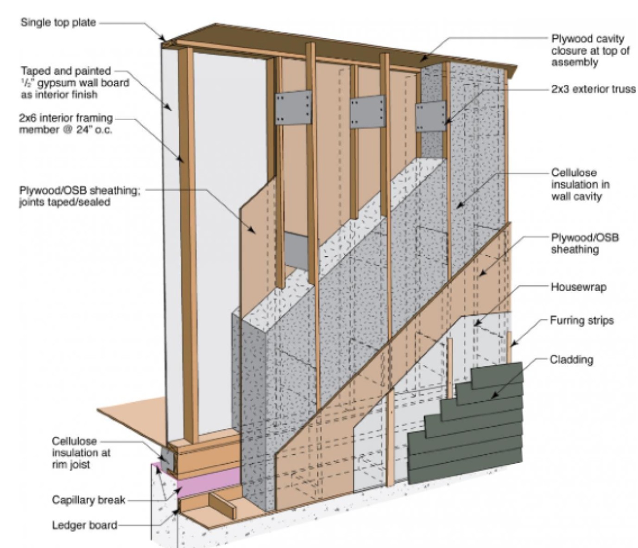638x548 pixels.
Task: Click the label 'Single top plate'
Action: pyautogui.click(x=58, y=22)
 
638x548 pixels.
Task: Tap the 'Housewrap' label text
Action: pyautogui.click(x=578, y=287)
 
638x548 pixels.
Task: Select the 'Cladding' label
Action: pyautogui.click(x=571, y=359)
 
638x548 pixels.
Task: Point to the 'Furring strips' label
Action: pyautogui.click(x=581, y=320)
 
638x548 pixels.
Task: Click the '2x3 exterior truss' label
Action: pyautogui.click(x=593, y=89)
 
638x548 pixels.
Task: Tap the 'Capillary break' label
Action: pyautogui.click(x=88, y=500)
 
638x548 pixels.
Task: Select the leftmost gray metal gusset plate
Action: pyautogui.click(x=293, y=108)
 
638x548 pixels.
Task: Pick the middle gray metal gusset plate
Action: pyautogui.click(x=367, y=112)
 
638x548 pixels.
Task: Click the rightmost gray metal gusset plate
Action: pyautogui.click(x=430, y=116)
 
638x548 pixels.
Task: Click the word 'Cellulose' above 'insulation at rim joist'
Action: pyautogui.click(x=74, y=440)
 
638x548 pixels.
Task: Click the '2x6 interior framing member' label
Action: pyautogui.click(x=65, y=123)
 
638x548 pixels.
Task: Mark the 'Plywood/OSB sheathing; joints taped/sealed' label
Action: pyautogui.click(x=79, y=196)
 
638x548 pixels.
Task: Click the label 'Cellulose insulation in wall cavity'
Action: pyautogui.click(x=580, y=184)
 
